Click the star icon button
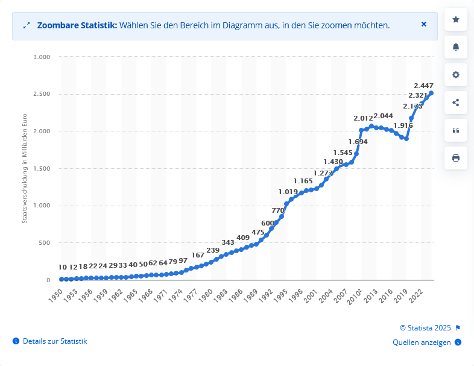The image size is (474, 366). tap(455, 20)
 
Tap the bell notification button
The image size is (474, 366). tap(455, 47)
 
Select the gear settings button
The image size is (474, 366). tap(455, 75)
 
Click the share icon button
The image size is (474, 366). tap(455, 103)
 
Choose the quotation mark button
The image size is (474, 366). tap(455, 130)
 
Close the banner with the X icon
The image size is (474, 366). tap(424, 25)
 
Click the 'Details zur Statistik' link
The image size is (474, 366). tap(55, 341)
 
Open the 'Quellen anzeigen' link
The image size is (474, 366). tap(422, 342)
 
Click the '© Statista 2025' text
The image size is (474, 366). tap(425, 328)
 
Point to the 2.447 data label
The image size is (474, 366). tap(425, 86)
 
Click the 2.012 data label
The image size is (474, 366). tap(364, 118)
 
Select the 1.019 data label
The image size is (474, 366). tap(288, 192)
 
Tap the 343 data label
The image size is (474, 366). tap(228, 242)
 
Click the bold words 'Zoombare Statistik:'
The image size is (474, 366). tap(77, 25)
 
